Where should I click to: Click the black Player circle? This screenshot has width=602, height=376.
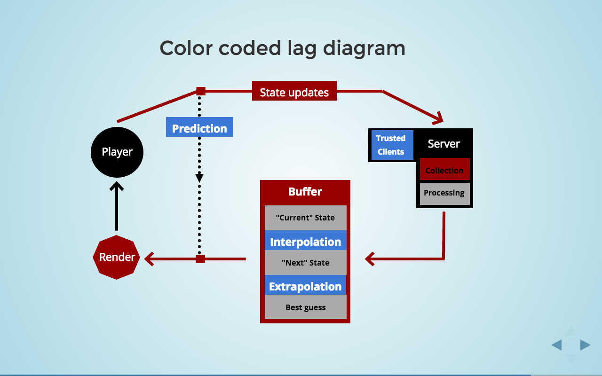pos(117,152)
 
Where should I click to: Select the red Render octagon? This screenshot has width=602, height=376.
pos(117,257)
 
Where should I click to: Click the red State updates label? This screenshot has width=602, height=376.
pos(294,91)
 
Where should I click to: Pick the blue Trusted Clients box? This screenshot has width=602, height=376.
pos(391,145)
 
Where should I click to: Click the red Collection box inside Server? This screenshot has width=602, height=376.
pos(444,170)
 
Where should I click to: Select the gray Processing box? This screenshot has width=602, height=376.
pos(444,193)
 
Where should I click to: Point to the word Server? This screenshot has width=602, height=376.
pos(444,144)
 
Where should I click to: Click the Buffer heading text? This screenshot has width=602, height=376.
pos(305,192)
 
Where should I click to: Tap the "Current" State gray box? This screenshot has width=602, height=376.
pos(305,218)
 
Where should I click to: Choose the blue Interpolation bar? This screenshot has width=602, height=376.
pos(305,242)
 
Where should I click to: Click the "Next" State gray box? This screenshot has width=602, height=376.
pos(305,263)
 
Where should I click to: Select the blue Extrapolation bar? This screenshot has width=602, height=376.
pos(305,286)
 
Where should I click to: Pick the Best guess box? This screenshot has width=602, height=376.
pos(305,307)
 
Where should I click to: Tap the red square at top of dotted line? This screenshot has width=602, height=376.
pos(201,91)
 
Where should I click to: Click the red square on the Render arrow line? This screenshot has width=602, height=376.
pos(200,258)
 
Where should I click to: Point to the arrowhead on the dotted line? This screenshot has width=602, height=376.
pos(199,178)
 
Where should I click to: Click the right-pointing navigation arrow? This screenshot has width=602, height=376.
pos(585,345)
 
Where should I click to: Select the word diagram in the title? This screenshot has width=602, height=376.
pos(364,48)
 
